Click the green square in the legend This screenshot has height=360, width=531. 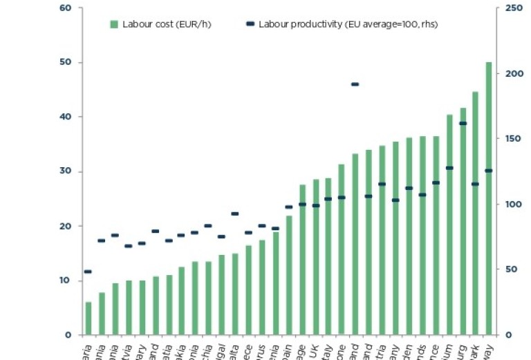click(114, 24)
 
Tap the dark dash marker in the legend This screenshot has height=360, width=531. click(250, 24)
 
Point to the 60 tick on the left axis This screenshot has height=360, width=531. click(66, 8)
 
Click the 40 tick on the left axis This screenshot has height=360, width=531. click(66, 117)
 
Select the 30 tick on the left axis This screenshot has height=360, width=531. click(66, 172)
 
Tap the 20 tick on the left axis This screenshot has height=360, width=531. click(66, 227)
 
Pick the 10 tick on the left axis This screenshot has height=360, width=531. click(66, 281)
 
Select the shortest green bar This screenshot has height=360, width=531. click(88, 319)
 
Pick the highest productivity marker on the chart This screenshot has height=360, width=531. click(355, 84)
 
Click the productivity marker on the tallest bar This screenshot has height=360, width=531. click(489, 171)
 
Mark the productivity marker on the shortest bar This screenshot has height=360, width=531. click(88, 272)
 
